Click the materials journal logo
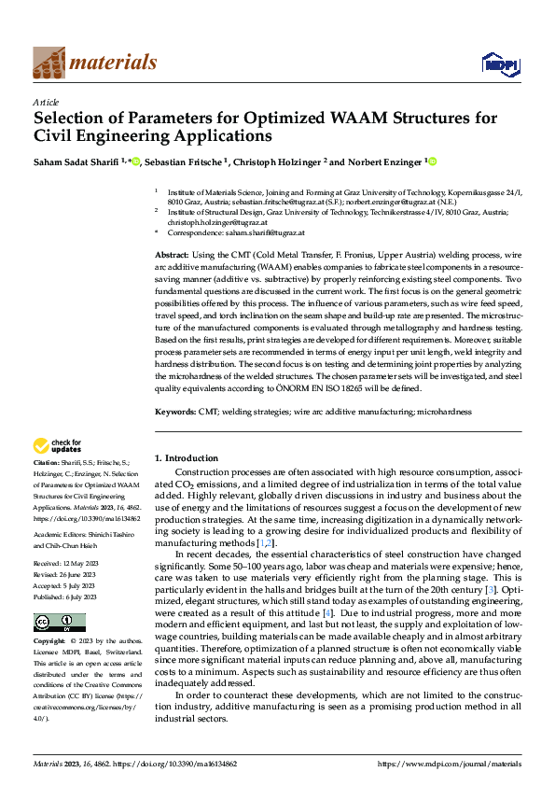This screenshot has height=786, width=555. [94, 63]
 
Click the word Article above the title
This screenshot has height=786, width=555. [46, 103]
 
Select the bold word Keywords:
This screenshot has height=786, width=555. [175, 411]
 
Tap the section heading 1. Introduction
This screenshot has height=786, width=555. [186, 458]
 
